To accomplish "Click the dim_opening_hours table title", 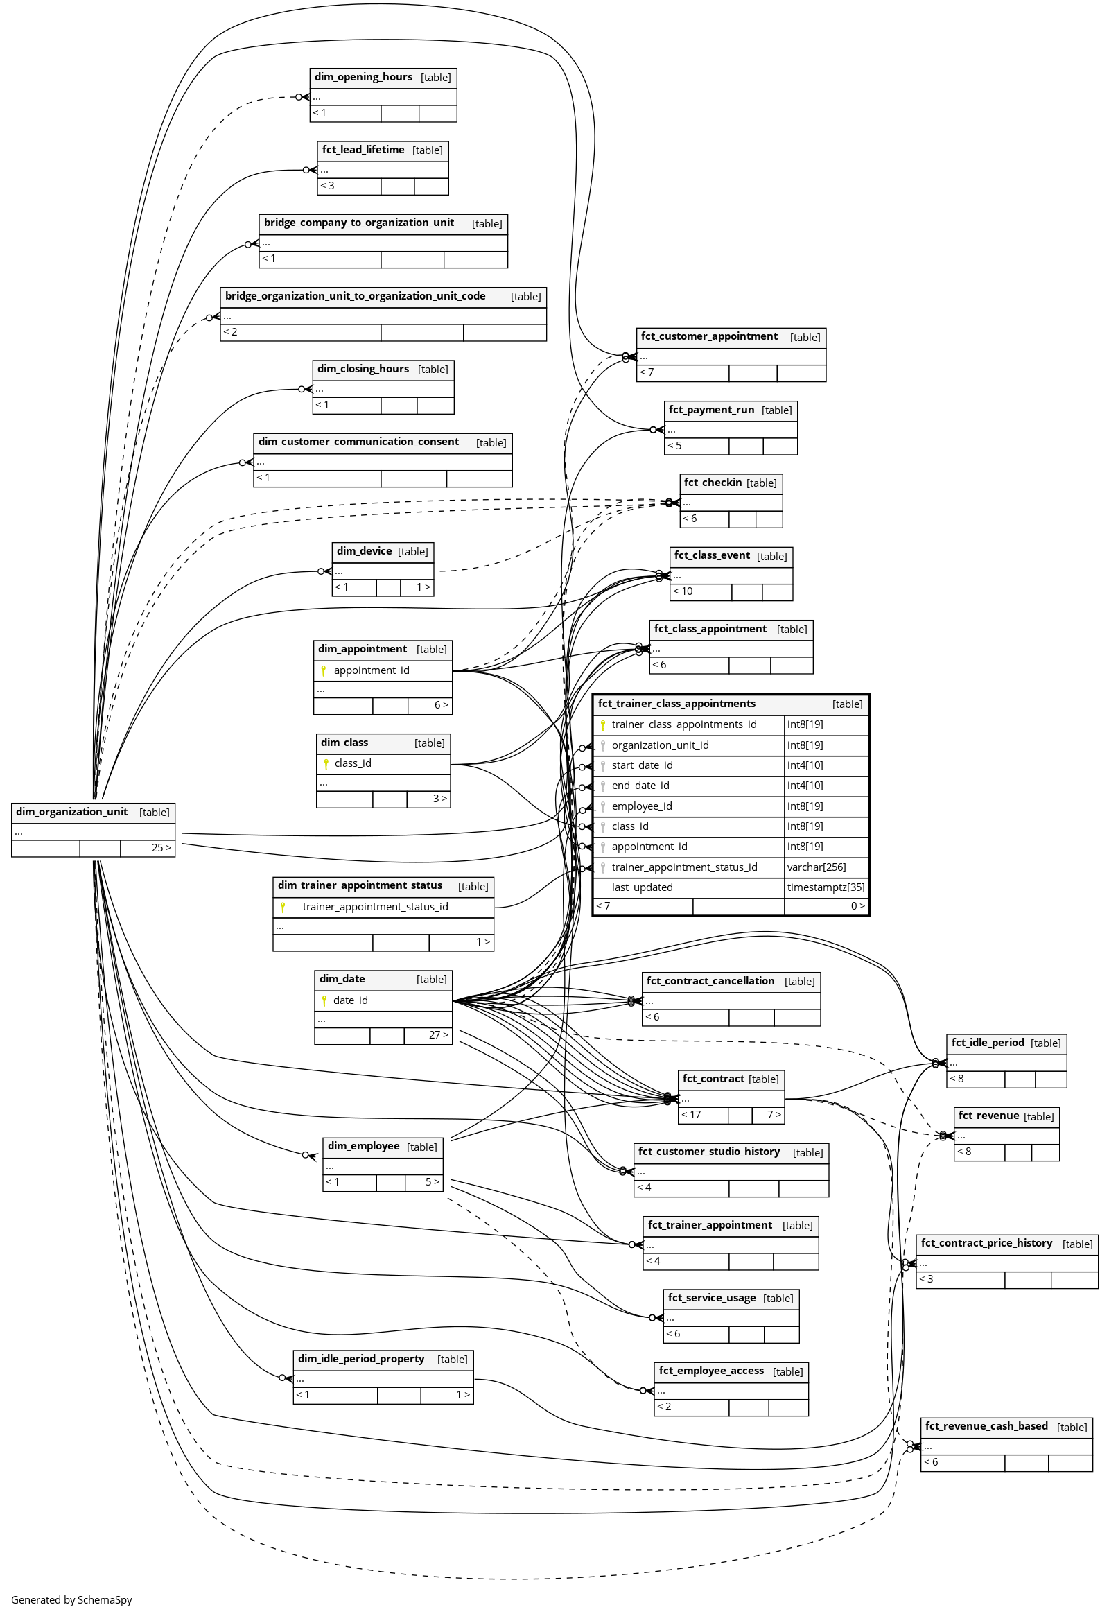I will (x=363, y=77).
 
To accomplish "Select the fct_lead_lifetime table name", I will (x=363, y=150).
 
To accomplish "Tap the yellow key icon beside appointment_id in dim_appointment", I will (x=324, y=670).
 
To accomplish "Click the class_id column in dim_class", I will (x=353, y=764).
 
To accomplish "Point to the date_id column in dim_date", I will (x=350, y=1001).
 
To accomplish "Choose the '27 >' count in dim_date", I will (x=438, y=1036).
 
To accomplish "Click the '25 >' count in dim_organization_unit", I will (x=161, y=848).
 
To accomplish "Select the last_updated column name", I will (x=642, y=887).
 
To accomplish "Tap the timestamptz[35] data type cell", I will (x=826, y=887).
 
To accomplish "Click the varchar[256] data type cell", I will (x=817, y=867).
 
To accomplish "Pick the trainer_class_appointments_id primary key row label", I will (x=683, y=725).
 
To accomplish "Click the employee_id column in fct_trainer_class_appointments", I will (x=641, y=806).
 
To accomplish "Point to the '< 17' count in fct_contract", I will (x=691, y=1115).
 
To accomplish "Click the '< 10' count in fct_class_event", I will (x=683, y=591).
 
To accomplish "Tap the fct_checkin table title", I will (x=713, y=483).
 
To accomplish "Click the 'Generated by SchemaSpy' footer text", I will (x=71, y=1599).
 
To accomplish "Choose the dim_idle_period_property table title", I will (x=360, y=1359).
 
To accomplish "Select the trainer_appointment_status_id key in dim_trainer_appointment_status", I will (x=375, y=907).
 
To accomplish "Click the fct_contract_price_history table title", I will (x=986, y=1244).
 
